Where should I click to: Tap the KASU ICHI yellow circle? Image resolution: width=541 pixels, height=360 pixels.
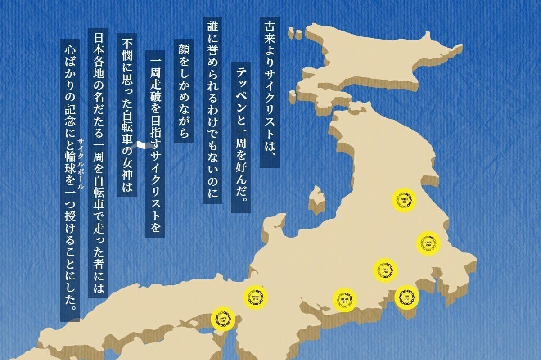click(x=428, y=243)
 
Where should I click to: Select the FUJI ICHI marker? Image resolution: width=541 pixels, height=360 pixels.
click(x=385, y=270)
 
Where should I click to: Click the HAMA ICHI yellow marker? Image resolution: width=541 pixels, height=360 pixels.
click(x=345, y=300)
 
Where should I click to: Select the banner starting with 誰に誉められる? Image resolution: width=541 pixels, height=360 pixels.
click(x=212, y=110)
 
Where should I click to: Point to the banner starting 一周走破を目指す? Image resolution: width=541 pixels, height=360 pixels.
click(x=155, y=144)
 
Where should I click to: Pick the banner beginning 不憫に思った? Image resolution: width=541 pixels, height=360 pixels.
click(x=127, y=115)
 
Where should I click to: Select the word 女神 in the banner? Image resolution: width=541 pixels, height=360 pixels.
click(x=127, y=173)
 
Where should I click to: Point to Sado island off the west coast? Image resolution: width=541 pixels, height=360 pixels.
click(x=317, y=198)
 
